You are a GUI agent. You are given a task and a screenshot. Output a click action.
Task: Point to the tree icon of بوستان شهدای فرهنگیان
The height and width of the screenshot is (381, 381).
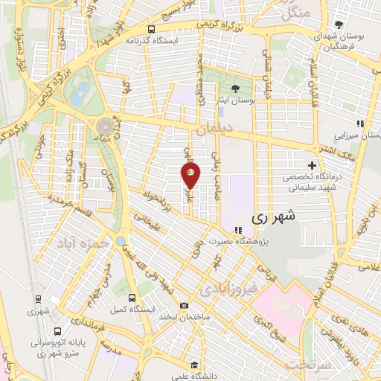point(339,25)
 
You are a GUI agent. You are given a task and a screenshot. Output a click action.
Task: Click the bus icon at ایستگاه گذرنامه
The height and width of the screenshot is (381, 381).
point(152,30)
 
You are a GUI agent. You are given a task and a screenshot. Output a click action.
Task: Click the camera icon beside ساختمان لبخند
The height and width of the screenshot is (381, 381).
point(184,305)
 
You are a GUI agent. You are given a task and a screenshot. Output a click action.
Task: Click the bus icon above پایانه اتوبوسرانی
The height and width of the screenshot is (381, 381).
point(57,331)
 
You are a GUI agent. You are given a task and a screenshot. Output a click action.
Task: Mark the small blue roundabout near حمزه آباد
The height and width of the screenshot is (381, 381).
point(121,241)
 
